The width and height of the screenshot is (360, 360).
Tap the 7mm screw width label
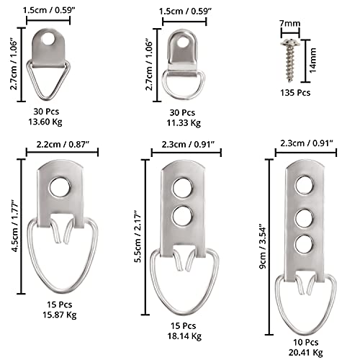[x=290, y=23]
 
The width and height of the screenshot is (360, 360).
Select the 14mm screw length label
[x=312, y=60]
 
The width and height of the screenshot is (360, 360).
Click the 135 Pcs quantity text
[x=295, y=93]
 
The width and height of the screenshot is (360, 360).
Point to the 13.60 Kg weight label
[x=45, y=122]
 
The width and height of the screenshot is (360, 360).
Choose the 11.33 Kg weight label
[x=184, y=123]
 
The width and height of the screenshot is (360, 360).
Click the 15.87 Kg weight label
[x=60, y=315]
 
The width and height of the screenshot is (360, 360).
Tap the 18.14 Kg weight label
[x=184, y=336]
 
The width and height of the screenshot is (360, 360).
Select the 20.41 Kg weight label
[x=305, y=353]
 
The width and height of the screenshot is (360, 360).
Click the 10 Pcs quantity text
[x=305, y=342]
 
